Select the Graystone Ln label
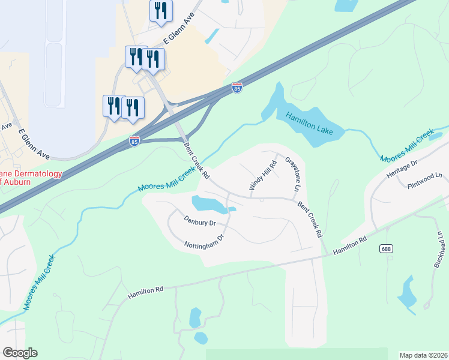(292, 175)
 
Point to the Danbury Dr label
(199, 222)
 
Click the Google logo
(20, 353)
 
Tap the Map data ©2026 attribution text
(423, 355)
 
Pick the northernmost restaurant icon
(160, 11)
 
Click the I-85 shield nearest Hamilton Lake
(237, 88)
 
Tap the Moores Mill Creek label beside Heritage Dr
(407, 146)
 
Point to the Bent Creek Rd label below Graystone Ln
(310, 218)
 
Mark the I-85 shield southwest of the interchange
(134, 141)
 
